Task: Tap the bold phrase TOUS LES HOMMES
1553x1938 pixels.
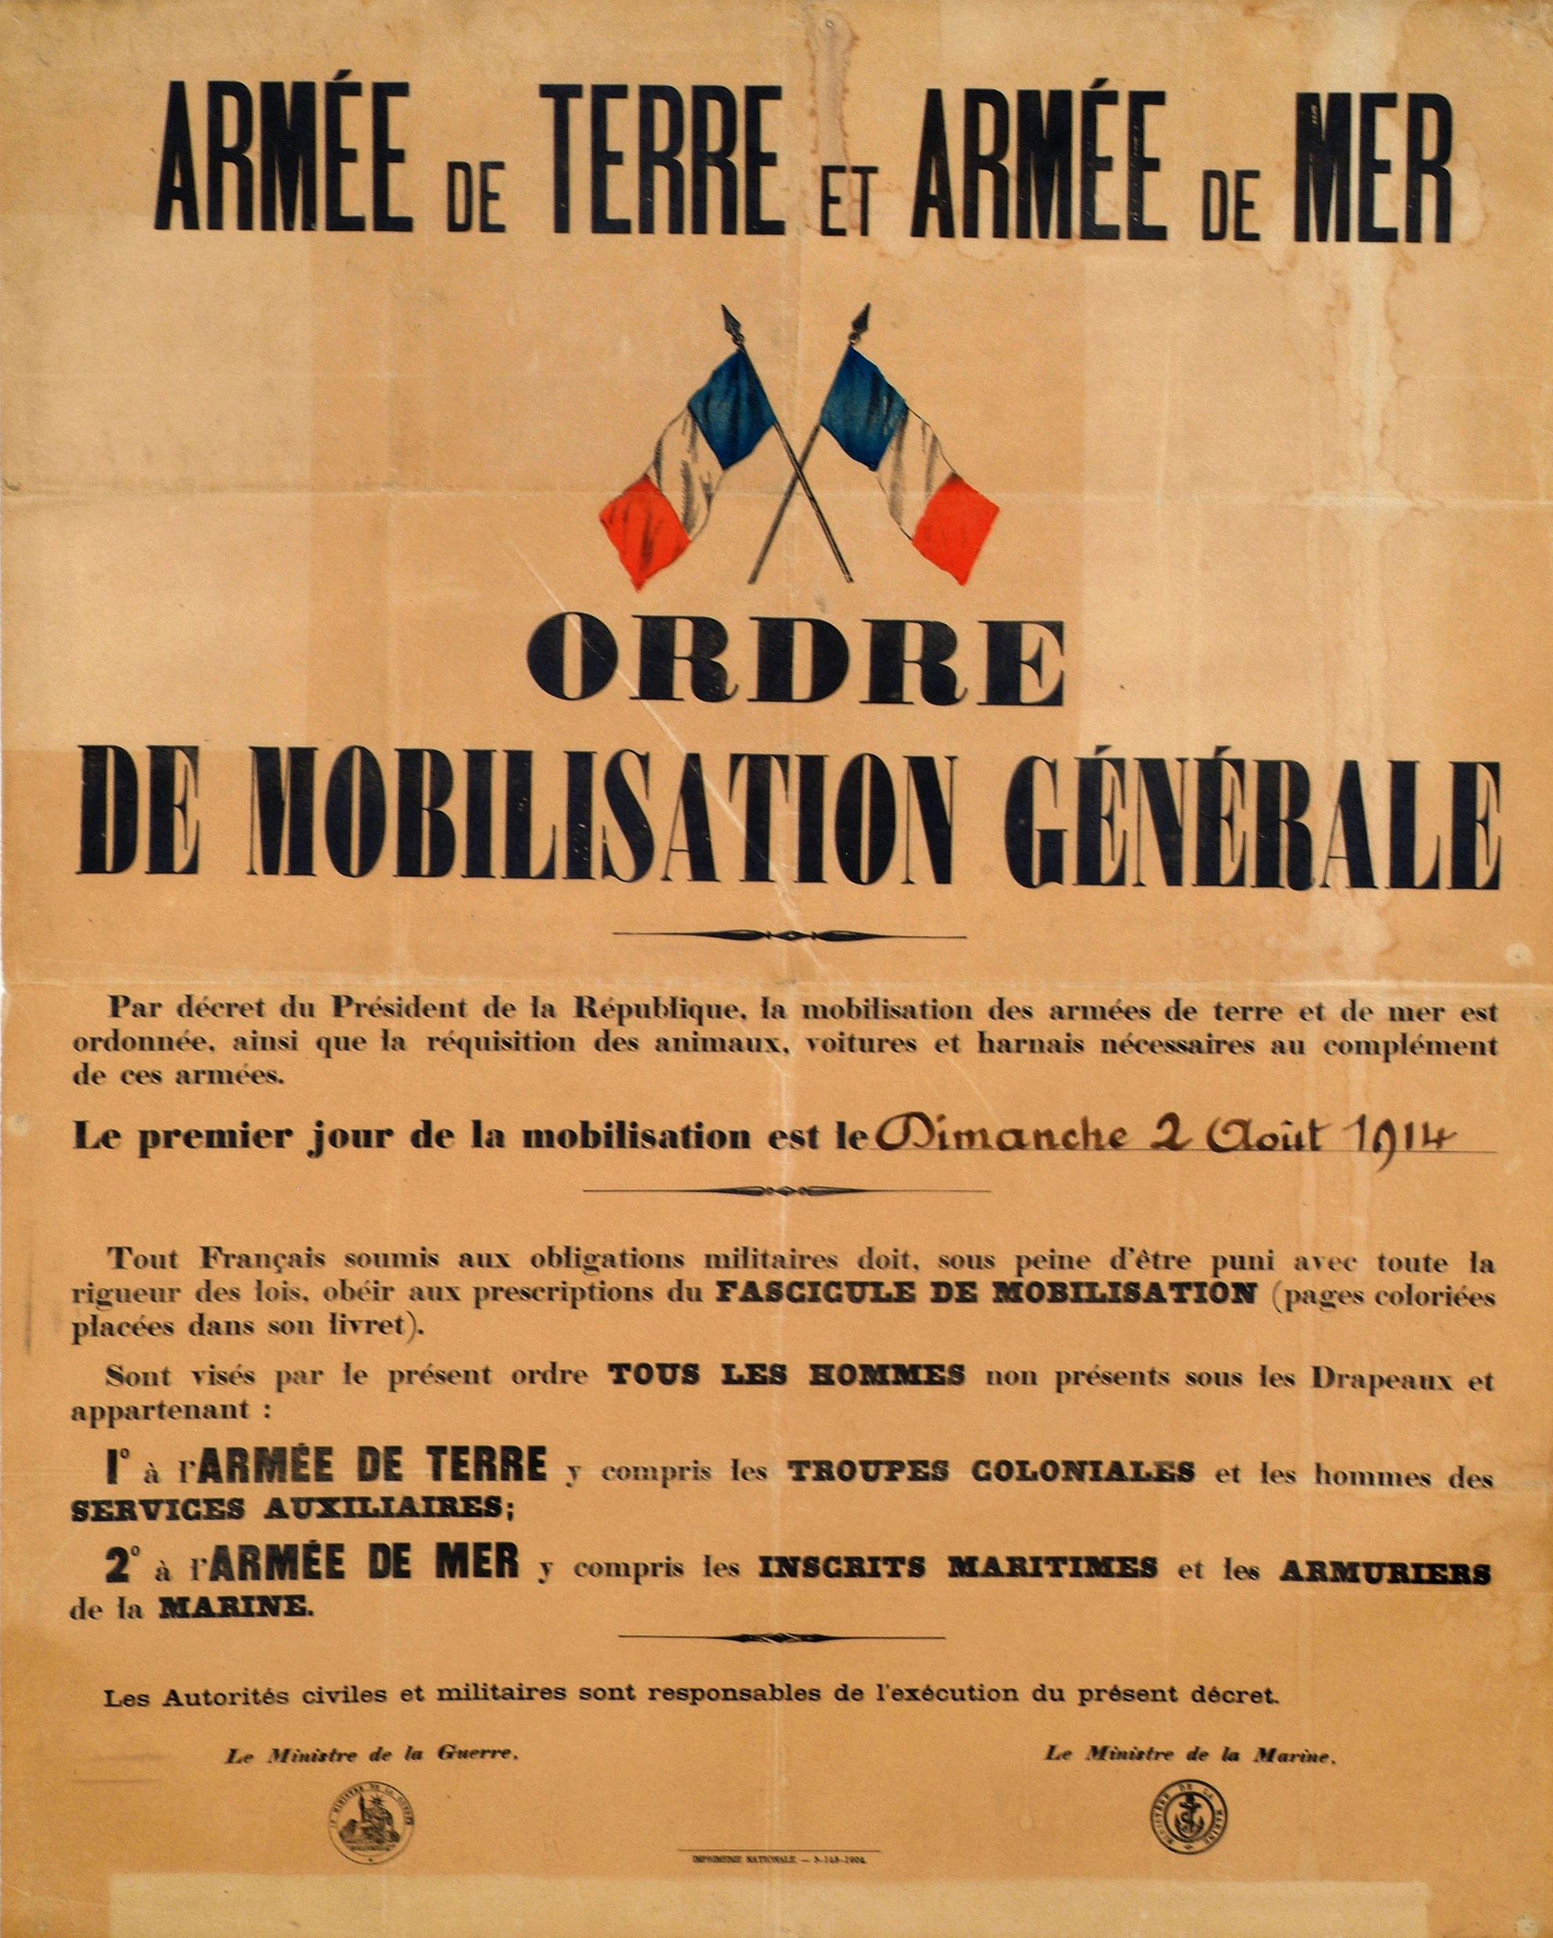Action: pos(787,1375)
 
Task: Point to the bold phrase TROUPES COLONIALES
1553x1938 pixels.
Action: pos(991,1472)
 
